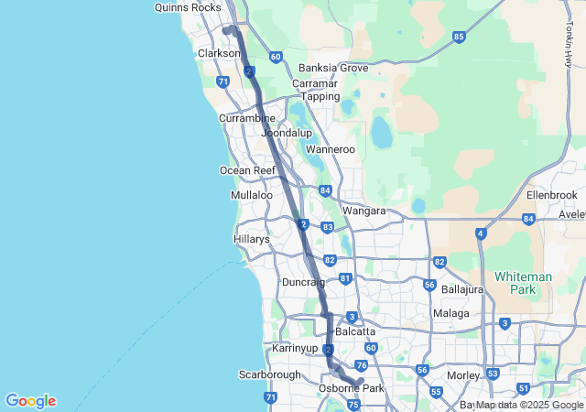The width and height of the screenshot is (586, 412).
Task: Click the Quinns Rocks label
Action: tap(189, 7)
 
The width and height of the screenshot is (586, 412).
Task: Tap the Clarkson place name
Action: tap(219, 53)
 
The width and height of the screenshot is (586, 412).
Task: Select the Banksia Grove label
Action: tap(333, 68)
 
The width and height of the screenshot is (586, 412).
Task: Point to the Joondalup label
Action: tap(287, 133)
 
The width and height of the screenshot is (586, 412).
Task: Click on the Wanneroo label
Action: tap(330, 148)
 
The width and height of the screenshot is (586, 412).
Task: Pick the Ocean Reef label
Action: tap(247, 170)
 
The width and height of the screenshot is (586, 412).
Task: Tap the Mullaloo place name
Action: tap(252, 195)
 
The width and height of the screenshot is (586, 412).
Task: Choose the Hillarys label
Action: tap(252, 239)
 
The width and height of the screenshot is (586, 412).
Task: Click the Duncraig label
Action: tap(303, 282)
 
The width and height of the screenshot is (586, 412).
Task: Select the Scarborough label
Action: tap(270, 374)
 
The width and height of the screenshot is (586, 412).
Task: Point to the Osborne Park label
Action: tap(351, 388)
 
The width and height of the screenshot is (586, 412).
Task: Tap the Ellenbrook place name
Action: tap(553, 195)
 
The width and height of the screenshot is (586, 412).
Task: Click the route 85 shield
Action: tap(459, 37)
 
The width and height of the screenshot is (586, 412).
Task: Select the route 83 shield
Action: tap(328, 226)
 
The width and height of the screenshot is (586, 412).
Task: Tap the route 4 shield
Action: tap(481, 234)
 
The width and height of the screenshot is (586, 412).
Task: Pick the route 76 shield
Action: tap(361, 365)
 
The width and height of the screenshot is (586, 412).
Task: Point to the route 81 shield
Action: tap(345, 278)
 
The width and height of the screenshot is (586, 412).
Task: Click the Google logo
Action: tap(30, 401)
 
